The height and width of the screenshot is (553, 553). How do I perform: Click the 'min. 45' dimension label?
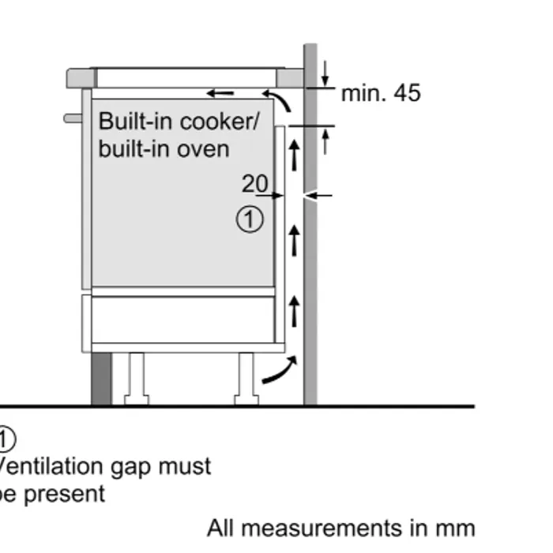[381, 94]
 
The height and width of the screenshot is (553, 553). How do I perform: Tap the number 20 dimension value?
[254, 184]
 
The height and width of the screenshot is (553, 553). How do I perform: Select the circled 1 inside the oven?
[250, 220]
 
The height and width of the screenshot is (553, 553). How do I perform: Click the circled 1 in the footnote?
[6, 439]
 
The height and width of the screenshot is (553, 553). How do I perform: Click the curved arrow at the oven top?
[281, 102]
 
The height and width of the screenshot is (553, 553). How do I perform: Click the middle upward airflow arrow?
[294, 240]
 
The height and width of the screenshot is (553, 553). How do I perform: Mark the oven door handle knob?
[73, 118]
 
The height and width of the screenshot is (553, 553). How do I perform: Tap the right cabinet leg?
[246, 378]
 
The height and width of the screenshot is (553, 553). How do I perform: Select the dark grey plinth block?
[101, 379]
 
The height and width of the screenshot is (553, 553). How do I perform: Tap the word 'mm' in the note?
[457, 528]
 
